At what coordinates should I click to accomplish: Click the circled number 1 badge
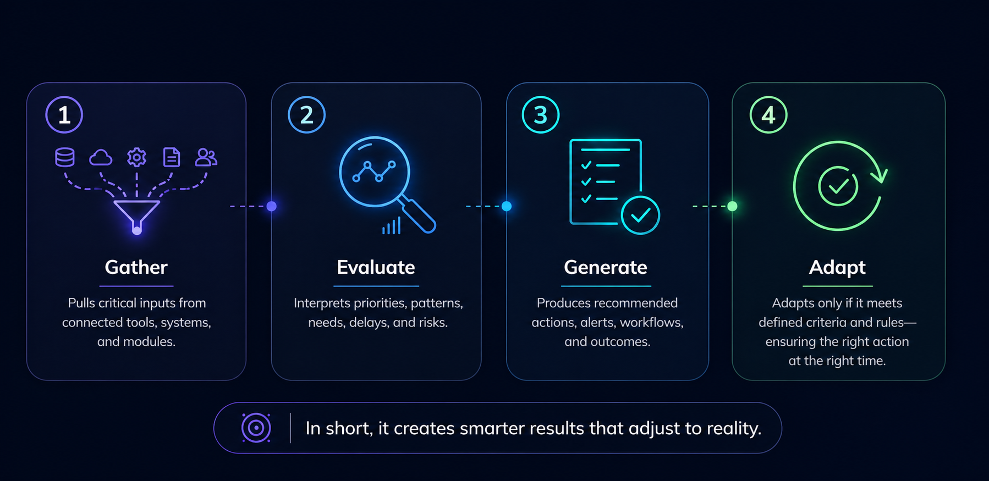tap(64, 115)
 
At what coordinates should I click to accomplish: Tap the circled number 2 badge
tap(306, 115)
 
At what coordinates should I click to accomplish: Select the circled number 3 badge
tap(540, 115)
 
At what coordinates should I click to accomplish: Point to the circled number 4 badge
tap(768, 115)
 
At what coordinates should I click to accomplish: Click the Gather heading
tap(136, 267)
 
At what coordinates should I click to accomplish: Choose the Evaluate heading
tap(376, 267)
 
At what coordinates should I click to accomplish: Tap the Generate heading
tap(605, 267)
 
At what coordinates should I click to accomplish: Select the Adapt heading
tap(837, 267)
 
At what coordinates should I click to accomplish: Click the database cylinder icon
tap(65, 157)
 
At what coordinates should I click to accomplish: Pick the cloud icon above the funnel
tap(101, 158)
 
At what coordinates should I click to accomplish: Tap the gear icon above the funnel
tap(136, 158)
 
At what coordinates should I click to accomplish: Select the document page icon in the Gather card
tap(172, 157)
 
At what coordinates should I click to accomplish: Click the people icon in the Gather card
tap(206, 158)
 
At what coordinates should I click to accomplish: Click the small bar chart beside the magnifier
tap(391, 226)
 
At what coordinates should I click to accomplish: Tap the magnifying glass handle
tap(419, 215)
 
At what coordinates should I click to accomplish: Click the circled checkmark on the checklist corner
tap(640, 215)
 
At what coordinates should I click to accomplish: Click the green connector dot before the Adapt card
tap(732, 206)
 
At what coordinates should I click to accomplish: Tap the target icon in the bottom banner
tap(256, 428)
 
